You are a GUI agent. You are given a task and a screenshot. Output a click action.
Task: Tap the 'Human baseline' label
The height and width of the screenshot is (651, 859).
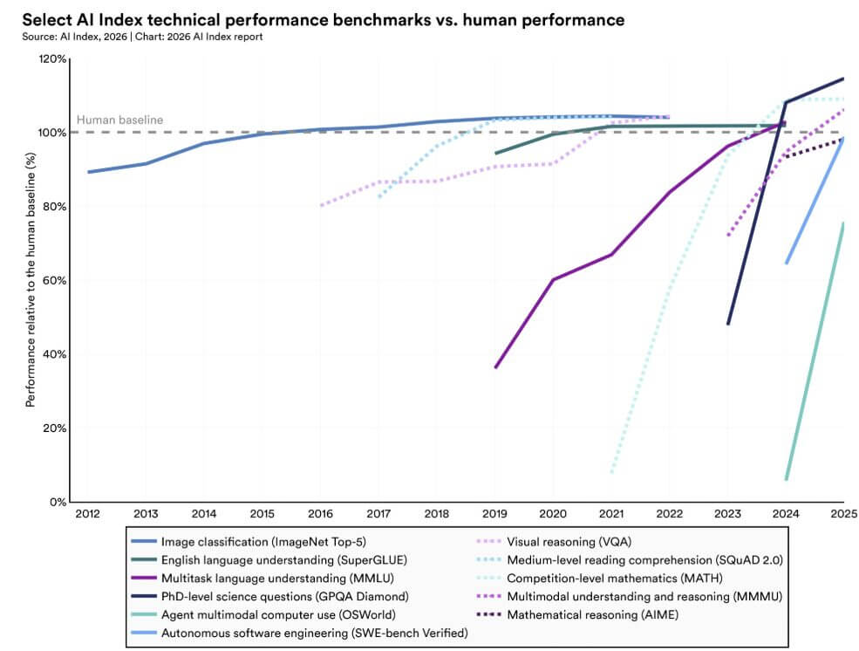[x=119, y=120]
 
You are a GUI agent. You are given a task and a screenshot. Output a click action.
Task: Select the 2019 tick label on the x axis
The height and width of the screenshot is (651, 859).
[x=495, y=514]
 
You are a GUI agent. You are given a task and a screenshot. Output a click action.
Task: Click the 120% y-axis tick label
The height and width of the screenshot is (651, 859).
[x=49, y=58]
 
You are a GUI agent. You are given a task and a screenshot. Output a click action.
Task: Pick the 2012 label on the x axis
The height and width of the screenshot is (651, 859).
[x=87, y=514]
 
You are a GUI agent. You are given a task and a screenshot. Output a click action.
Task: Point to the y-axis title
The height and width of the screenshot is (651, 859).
[x=31, y=279]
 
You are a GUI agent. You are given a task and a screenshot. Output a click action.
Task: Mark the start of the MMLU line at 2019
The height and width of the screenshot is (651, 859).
[x=495, y=367]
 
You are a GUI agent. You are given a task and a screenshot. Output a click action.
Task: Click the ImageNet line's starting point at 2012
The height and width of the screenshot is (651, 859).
[x=88, y=172]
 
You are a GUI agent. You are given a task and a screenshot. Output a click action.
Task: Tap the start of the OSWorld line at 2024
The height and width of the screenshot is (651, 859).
[x=787, y=479]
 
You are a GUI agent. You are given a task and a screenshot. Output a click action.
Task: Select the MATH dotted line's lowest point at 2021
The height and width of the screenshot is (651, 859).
[x=612, y=472]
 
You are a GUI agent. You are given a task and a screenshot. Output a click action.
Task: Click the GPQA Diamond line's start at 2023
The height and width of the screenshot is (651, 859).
[x=728, y=324]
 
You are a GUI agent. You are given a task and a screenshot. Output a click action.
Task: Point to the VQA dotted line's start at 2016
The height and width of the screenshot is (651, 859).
[x=321, y=205]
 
